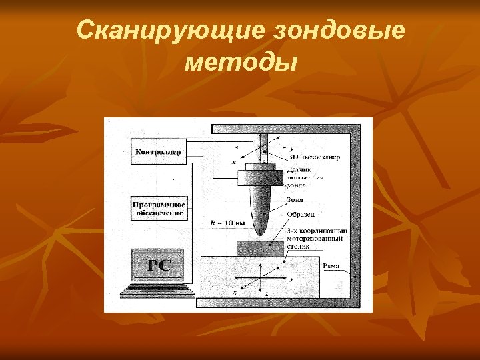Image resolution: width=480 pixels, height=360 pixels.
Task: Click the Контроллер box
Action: [x=158, y=152]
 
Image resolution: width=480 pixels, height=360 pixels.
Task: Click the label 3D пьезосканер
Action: [x=313, y=158]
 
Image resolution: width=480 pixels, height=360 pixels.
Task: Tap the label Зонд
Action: [x=295, y=199]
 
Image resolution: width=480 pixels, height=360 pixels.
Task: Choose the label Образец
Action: [x=301, y=214]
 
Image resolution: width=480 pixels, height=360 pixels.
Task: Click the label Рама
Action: [x=331, y=267]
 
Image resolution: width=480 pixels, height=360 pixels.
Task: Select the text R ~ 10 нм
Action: [x=227, y=222]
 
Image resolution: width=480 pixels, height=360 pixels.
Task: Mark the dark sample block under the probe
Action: [x=261, y=248]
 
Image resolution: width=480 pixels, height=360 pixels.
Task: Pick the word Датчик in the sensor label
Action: [x=299, y=170]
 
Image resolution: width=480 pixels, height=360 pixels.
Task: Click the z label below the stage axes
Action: [x=267, y=293]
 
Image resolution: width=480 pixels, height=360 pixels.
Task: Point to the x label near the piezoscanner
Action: [x=234, y=162]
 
